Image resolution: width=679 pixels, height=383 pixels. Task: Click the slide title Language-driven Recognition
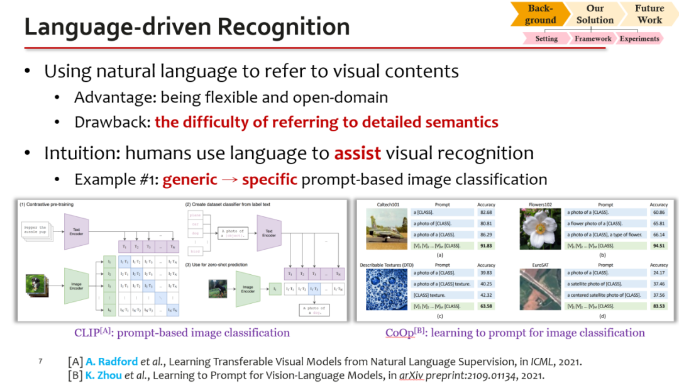187,27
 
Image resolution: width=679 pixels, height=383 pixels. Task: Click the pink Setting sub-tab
546,38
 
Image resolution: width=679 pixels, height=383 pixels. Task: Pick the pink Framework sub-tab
593,38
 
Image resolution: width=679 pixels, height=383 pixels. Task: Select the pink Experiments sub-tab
639,38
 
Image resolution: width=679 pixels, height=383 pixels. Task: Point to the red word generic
190,179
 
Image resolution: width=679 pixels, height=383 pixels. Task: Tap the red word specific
270,179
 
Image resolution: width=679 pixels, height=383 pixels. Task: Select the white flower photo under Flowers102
540,230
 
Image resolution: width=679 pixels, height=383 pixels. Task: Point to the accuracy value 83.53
658,306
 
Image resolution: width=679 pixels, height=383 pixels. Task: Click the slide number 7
40,362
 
